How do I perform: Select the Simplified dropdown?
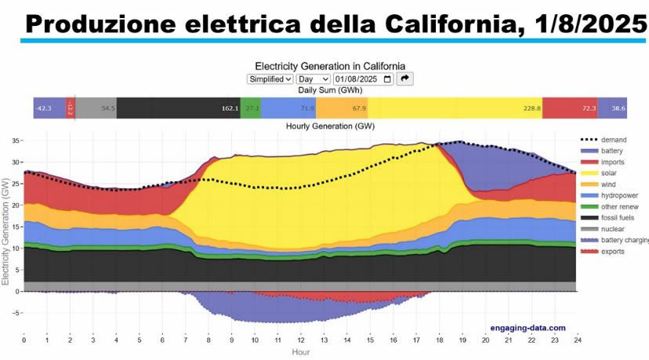pos(270,78)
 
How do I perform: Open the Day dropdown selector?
pos(313,78)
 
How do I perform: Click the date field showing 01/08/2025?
pos(363,78)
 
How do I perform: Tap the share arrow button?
pos(404,78)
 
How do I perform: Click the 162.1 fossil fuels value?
pos(230,108)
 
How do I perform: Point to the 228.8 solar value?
pos(531,108)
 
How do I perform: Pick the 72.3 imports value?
pos(589,108)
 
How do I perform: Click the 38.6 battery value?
pos(618,108)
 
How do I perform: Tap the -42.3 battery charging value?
pos(44,108)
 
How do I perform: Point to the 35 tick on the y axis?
pos(15,140)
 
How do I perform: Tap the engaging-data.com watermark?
pos(528,328)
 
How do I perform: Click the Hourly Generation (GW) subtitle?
pos(329,125)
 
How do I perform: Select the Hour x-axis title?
pos(300,352)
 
